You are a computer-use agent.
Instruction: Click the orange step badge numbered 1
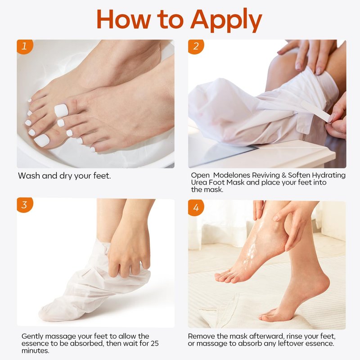pyautogui.click(x=25, y=47)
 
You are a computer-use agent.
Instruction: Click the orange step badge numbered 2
pyautogui.click(x=196, y=47)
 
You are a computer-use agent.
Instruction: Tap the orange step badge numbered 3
pyautogui.click(x=25, y=205)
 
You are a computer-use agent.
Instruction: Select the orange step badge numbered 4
pyautogui.click(x=196, y=208)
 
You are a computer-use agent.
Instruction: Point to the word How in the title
pyautogui.click(x=124, y=19)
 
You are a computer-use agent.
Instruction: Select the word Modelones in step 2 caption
pyautogui.click(x=231, y=175)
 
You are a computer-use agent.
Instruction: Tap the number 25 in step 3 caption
pyautogui.click(x=154, y=343)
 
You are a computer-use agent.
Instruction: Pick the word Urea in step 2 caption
pyautogui.click(x=199, y=183)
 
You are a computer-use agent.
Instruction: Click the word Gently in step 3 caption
pyautogui.click(x=32, y=337)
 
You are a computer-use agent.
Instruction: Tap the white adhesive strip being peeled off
pyautogui.click(x=316, y=111)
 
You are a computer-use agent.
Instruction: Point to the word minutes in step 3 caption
pyautogui.click(x=36, y=351)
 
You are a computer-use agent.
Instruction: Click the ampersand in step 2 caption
pyautogui.click(x=284, y=175)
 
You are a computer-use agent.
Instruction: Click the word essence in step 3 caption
pyautogui.click(x=35, y=344)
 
